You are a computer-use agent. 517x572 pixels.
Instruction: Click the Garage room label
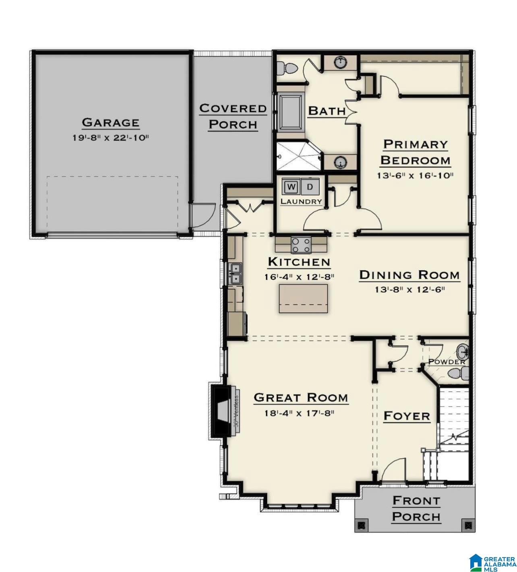coord(110,122)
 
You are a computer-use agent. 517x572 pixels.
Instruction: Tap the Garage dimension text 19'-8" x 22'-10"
coord(110,138)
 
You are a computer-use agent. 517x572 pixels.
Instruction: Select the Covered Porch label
coord(233,116)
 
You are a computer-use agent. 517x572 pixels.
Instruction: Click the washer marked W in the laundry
coord(291,187)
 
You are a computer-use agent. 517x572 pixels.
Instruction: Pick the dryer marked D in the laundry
coord(310,187)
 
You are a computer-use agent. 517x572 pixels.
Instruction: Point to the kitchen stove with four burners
coord(301,245)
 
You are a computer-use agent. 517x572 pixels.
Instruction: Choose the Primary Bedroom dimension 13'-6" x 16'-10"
coord(415,176)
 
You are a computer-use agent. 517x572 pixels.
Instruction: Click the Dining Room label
coord(409,275)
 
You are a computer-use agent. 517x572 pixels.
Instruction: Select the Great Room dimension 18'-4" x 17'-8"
coord(299,413)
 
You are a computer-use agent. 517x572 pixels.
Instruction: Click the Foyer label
coord(407,416)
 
